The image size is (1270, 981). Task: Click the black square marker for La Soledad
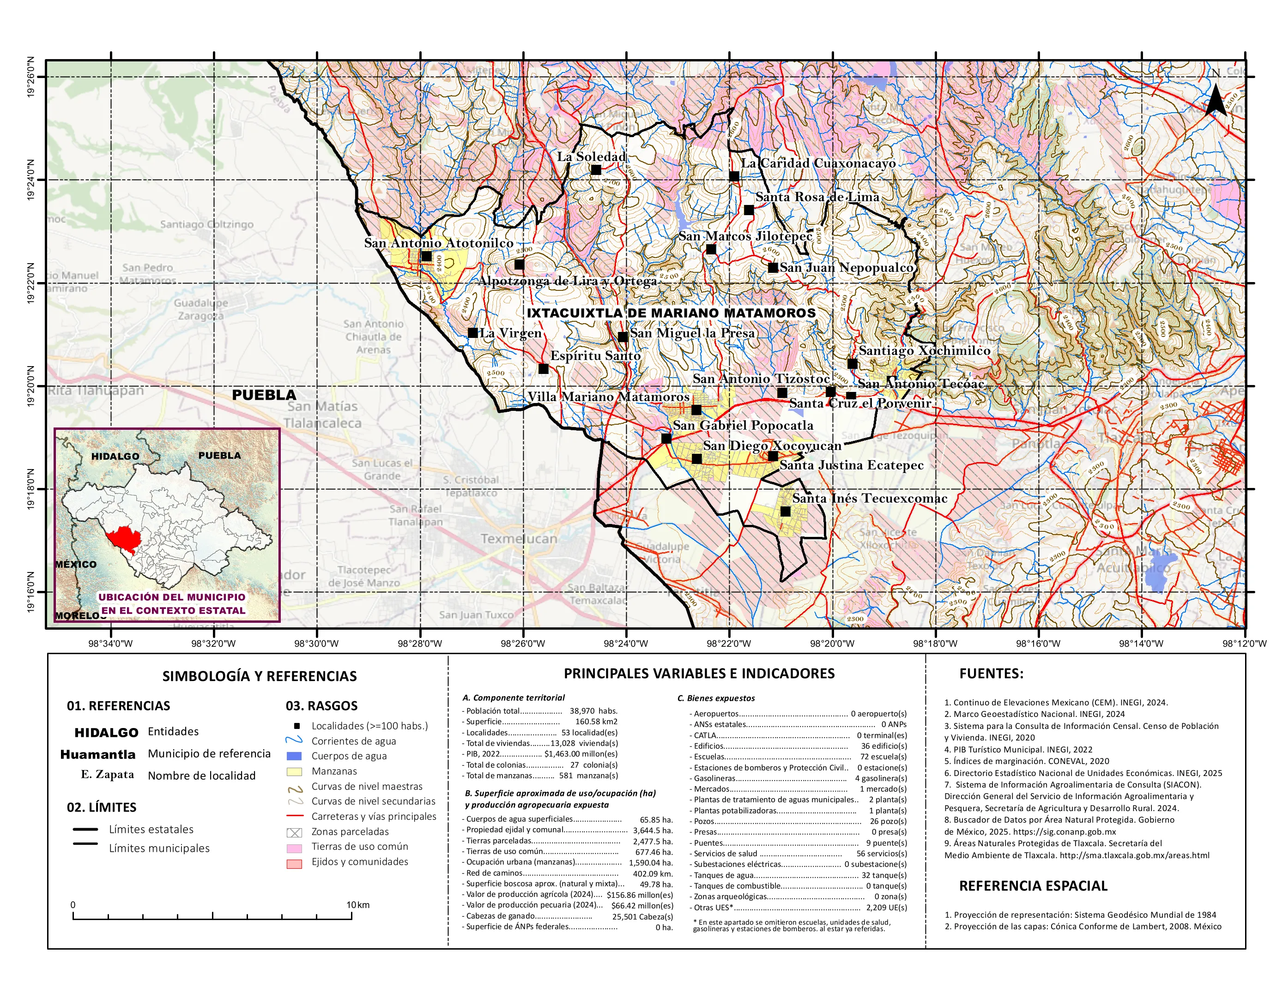click(595, 170)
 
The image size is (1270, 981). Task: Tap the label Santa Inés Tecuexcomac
click(869, 498)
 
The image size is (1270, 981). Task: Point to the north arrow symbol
click(1216, 99)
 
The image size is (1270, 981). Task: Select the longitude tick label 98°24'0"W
click(626, 644)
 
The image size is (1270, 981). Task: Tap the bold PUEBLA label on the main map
click(264, 395)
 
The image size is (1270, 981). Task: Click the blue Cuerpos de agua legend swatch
click(295, 756)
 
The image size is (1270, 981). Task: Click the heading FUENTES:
click(991, 674)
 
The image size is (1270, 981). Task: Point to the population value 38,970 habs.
click(593, 711)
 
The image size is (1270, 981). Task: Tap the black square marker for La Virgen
click(473, 333)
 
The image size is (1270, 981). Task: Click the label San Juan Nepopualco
click(846, 267)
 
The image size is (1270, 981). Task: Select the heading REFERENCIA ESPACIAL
click(1033, 886)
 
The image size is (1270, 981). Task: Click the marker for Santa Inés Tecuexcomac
click(785, 512)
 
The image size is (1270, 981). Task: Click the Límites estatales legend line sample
click(85, 829)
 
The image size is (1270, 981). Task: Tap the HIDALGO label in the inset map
click(115, 456)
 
